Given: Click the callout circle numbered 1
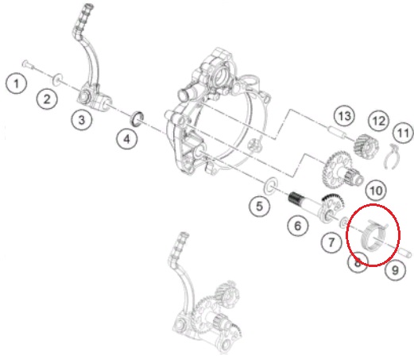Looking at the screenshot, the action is tap(17, 83).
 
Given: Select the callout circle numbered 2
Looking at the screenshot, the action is tap(47, 99).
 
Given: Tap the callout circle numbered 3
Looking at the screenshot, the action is tap(82, 119).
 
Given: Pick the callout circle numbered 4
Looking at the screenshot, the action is tap(127, 138).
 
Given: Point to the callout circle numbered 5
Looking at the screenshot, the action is tap(260, 206).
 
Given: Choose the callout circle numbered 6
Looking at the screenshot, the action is tap(298, 226).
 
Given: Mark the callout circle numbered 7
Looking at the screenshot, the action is tap(331, 242).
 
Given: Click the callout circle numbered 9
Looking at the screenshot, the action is tap(395, 269).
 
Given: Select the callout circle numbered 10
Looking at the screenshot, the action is tap(376, 190).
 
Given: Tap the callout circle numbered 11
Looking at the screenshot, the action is tap(404, 133).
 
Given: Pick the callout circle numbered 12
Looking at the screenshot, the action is tap(379, 121).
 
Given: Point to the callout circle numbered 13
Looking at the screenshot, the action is tap(345, 116).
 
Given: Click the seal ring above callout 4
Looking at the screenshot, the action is tap(137, 119).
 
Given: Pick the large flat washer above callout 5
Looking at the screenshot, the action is tap(271, 186).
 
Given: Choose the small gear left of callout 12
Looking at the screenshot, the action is tap(366, 146).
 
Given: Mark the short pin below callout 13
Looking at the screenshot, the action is tap(337, 132).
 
